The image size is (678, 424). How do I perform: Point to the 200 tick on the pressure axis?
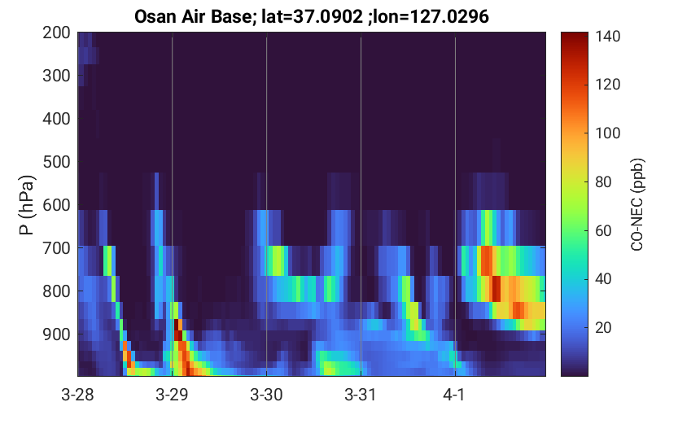[x=56, y=33]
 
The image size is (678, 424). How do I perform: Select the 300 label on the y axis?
[x=56, y=76]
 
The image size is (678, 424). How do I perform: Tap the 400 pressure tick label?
[x=56, y=119]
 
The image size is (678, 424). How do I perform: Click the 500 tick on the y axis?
[x=56, y=162]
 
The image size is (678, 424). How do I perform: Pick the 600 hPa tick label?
[x=56, y=205]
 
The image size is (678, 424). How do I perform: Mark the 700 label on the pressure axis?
[x=56, y=248]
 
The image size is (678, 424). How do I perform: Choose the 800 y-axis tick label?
[x=56, y=291]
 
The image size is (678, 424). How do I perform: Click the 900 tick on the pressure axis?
[x=56, y=334]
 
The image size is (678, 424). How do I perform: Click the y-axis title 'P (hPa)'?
[x=27, y=205]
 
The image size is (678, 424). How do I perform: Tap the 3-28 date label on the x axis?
[x=78, y=395]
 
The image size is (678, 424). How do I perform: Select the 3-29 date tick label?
[x=172, y=395]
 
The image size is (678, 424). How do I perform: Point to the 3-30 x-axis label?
[x=266, y=395]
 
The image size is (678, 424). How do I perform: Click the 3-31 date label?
[x=361, y=395]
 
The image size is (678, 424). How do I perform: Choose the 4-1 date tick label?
[x=453, y=395]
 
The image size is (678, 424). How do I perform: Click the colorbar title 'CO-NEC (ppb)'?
[x=637, y=204]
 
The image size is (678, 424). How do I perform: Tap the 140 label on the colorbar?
[x=607, y=37]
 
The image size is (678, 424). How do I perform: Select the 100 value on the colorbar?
[x=607, y=133]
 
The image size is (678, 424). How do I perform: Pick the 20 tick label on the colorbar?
[x=604, y=328]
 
